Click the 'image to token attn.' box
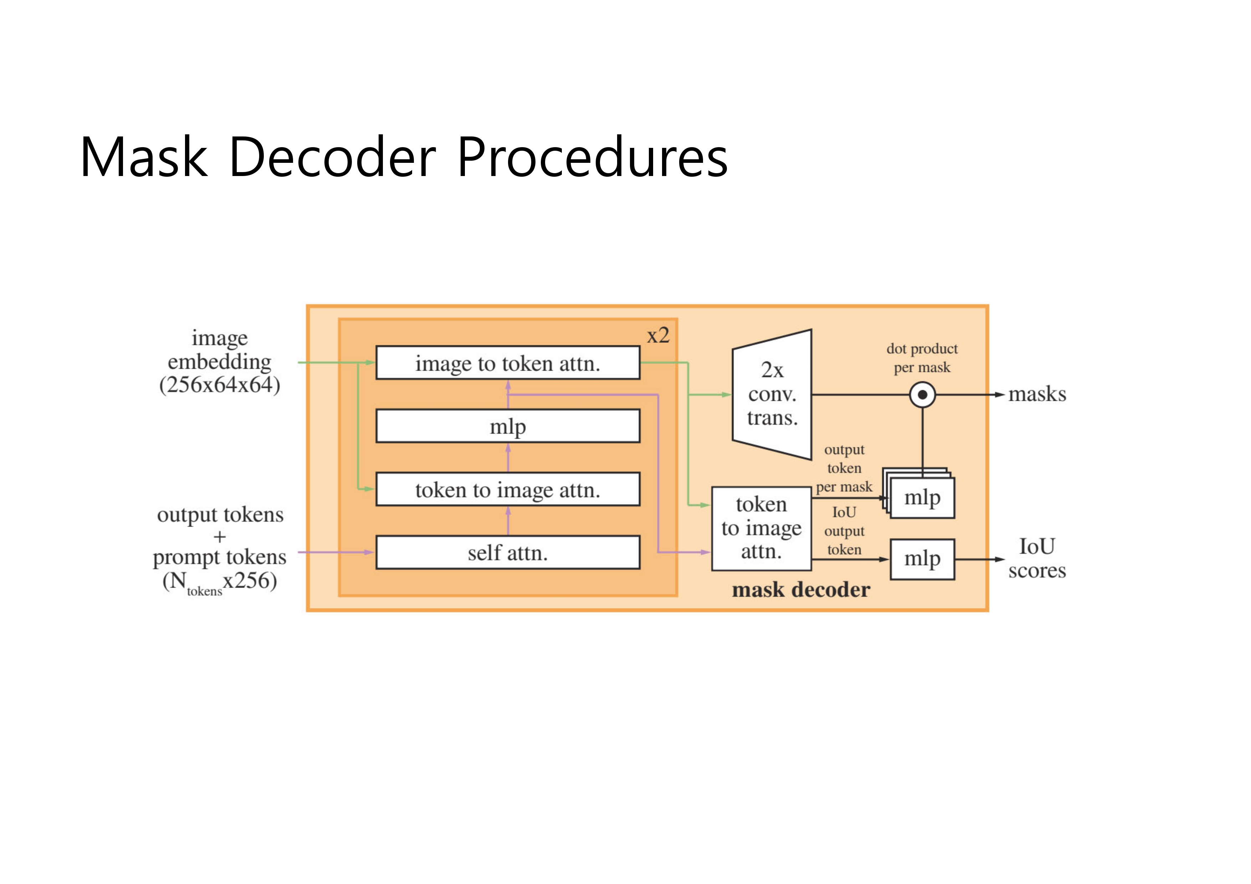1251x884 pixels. (508, 363)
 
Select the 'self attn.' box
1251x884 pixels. (508, 553)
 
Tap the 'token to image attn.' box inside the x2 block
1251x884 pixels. (508, 490)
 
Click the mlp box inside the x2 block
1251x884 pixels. (508, 426)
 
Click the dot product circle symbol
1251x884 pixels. (922, 395)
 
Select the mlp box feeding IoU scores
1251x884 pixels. (922, 559)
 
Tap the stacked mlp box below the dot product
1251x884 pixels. (922, 498)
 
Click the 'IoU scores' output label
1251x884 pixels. (1037, 558)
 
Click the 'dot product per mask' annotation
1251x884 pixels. (922, 358)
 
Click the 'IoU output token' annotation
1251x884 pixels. (844, 531)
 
